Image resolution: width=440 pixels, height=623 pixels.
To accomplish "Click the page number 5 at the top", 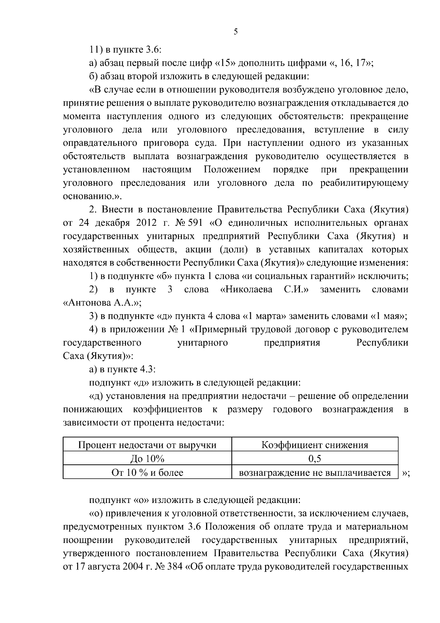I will [x=236, y=32].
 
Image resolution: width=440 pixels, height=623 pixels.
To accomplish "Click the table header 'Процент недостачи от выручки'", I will [x=147, y=445].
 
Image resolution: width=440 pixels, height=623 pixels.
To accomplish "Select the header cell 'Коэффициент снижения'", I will [x=315, y=445].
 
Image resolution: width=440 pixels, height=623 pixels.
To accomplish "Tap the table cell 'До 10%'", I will [x=147, y=459].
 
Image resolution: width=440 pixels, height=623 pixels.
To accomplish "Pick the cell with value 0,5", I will [x=315, y=459].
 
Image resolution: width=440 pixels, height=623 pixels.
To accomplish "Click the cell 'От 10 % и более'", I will [x=147, y=473].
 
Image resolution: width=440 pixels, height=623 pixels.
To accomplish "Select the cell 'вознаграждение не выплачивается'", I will [x=315, y=473].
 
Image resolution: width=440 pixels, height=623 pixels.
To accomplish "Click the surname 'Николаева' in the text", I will [x=248, y=290].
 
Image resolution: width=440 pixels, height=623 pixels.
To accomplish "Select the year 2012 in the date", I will [x=136, y=223].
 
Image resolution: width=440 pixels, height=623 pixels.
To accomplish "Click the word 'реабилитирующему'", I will [x=364, y=183].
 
